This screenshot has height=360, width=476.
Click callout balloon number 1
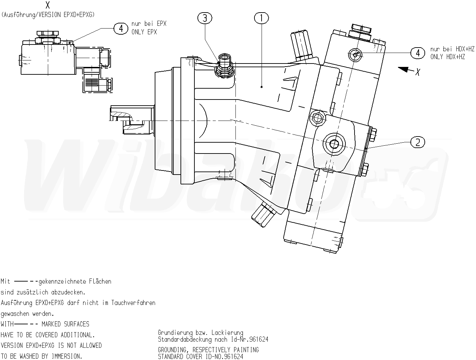coord(261,18)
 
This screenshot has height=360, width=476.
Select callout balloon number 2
coord(418,142)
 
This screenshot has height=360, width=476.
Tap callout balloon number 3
coord(205,18)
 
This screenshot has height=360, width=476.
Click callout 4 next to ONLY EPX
coord(120,28)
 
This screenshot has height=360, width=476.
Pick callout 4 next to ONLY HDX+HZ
coord(418,53)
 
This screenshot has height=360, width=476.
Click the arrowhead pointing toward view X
coord(404,69)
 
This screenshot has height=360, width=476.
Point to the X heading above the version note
coord(48,5)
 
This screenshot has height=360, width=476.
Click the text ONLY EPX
coord(144,32)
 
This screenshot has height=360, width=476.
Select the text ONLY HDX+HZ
coord(448,57)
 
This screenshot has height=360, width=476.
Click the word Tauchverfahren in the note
coord(133,303)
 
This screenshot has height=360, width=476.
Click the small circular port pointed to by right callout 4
coord(355,54)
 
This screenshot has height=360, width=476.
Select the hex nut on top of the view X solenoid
coord(47,34)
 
